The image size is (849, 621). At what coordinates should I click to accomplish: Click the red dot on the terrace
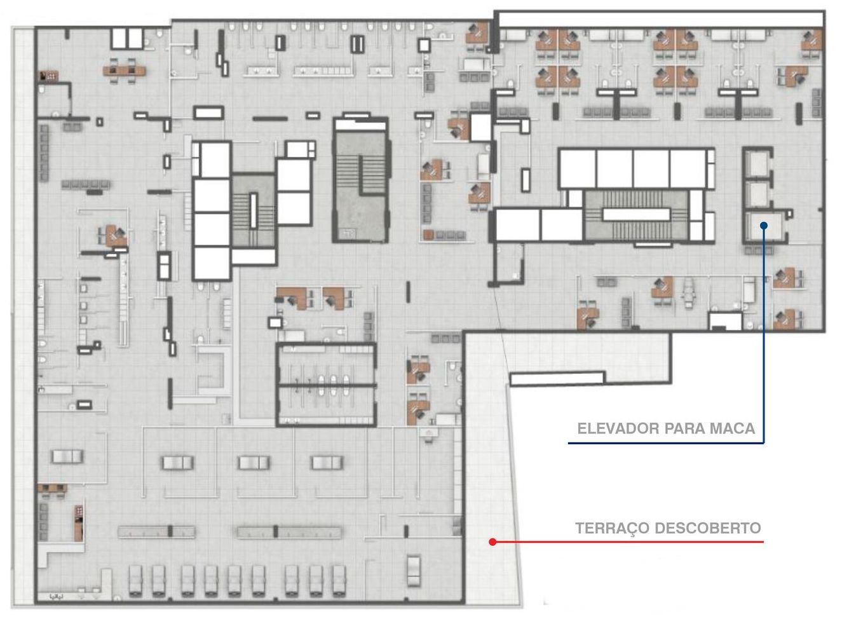click(x=492, y=542)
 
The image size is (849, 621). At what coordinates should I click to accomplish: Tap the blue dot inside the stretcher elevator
click(x=764, y=226)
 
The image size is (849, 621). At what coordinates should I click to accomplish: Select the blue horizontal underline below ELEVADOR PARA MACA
click(x=665, y=443)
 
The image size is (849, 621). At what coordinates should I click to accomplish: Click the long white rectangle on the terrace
click(x=557, y=378)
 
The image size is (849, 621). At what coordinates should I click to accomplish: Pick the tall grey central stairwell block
click(x=360, y=179)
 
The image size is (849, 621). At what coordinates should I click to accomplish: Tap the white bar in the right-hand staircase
click(x=636, y=214)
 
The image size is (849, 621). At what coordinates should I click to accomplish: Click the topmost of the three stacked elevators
click(x=757, y=163)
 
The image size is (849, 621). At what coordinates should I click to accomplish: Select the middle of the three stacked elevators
click(x=757, y=194)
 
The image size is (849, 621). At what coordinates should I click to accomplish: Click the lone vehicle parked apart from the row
click(x=414, y=570)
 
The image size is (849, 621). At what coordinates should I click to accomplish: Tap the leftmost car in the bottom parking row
click(x=135, y=580)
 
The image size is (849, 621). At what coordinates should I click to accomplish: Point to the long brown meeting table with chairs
click(x=125, y=71)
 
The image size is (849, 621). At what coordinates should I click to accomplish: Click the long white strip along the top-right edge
click(x=661, y=19)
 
